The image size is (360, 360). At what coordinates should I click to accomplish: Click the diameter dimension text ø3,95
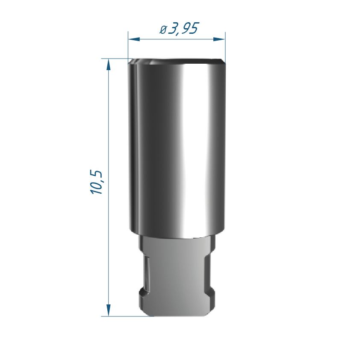[x=179, y=29]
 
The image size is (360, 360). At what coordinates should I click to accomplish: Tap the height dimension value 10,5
[x=96, y=183]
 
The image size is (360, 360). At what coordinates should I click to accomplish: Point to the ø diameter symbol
[x=163, y=30]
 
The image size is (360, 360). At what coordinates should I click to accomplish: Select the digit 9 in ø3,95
[x=185, y=28]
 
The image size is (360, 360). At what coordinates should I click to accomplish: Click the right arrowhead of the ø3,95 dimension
[x=219, y=39]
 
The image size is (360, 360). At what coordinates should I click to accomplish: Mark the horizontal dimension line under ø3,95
[x=177, y=39]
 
